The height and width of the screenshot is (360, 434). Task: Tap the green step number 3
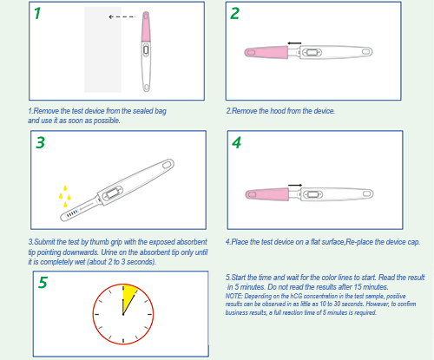point(39,144)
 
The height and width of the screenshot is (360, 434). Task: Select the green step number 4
point(236,144)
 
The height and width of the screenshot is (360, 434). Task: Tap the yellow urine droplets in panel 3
point(64,195)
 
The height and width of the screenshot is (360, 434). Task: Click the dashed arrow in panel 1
point(122,16)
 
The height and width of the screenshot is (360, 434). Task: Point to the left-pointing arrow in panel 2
point(295,42)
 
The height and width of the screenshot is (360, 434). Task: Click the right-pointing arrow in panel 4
point(295,184)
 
